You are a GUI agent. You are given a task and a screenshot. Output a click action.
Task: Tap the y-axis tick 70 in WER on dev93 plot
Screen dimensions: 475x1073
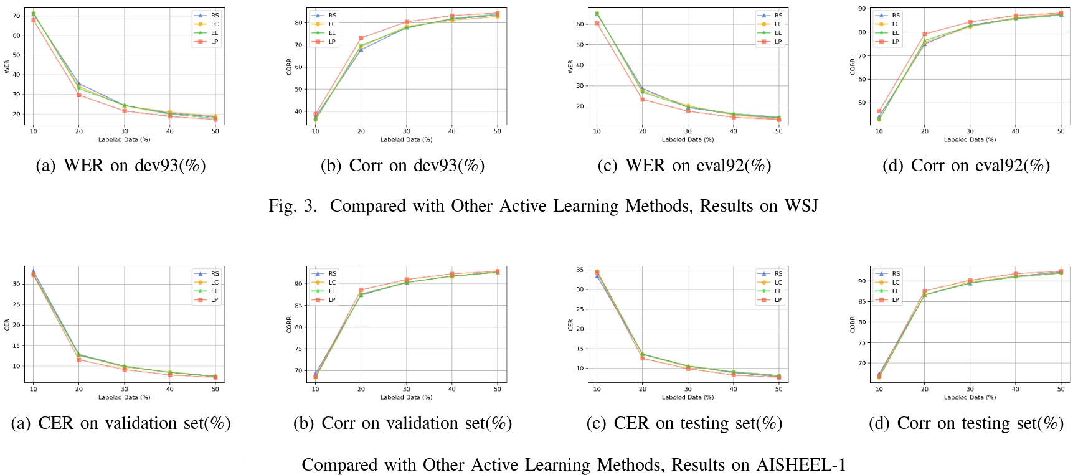(16, 16)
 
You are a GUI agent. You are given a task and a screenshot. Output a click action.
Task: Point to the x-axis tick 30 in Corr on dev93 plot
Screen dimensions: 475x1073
(407, 131)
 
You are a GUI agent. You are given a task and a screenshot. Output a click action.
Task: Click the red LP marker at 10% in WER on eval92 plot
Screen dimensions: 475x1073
(597, 24)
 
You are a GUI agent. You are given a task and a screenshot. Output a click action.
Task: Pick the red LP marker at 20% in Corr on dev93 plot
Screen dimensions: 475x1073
(361, 39)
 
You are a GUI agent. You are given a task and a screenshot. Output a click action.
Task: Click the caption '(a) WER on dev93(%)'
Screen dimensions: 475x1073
(121, 166)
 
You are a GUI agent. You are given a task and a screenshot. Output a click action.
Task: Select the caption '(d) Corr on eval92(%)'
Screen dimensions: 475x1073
(966, 166)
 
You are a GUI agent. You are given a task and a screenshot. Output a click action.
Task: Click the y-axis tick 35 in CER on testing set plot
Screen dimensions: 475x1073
(579, 270)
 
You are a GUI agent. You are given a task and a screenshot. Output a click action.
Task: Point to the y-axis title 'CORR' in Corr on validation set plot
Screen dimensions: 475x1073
(289, 324)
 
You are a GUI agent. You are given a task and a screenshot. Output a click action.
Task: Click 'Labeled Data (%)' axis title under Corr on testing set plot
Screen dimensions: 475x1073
(970, 397)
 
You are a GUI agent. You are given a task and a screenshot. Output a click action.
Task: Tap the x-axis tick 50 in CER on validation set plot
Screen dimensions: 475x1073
(215, 389)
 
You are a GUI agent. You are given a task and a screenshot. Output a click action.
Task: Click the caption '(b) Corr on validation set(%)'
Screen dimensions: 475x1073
(402, 423)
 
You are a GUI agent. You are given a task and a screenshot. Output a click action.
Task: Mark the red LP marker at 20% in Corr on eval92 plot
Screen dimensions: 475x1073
(925, 34)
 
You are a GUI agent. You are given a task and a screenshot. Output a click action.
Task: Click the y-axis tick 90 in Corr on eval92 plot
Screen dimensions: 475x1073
(862, 9)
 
